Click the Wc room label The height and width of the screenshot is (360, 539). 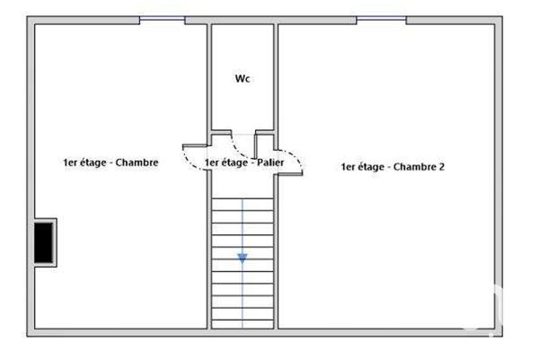242,79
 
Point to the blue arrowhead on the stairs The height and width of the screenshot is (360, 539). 243,259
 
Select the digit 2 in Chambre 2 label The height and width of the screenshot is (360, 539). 442,166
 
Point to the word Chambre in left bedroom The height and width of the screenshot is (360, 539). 140,162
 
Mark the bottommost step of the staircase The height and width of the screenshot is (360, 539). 243,320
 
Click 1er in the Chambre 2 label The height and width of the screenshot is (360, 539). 349,166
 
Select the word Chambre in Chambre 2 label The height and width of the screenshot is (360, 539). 417,166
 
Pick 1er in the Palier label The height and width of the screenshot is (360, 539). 212,163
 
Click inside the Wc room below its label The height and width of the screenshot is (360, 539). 242,108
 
